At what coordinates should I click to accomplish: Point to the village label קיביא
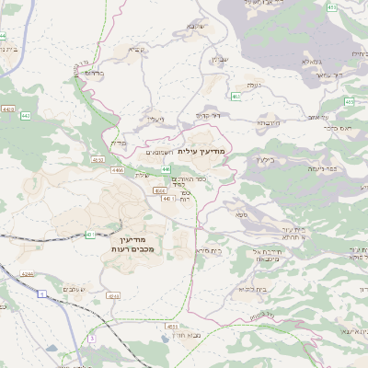137,51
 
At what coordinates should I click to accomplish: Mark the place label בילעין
266,159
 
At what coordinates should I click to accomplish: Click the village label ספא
240,214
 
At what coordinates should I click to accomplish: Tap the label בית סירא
209,250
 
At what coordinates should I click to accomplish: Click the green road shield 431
90,235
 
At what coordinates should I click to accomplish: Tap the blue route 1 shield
42,293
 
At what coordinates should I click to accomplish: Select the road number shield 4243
113,296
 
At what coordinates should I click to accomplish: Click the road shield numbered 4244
28,273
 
